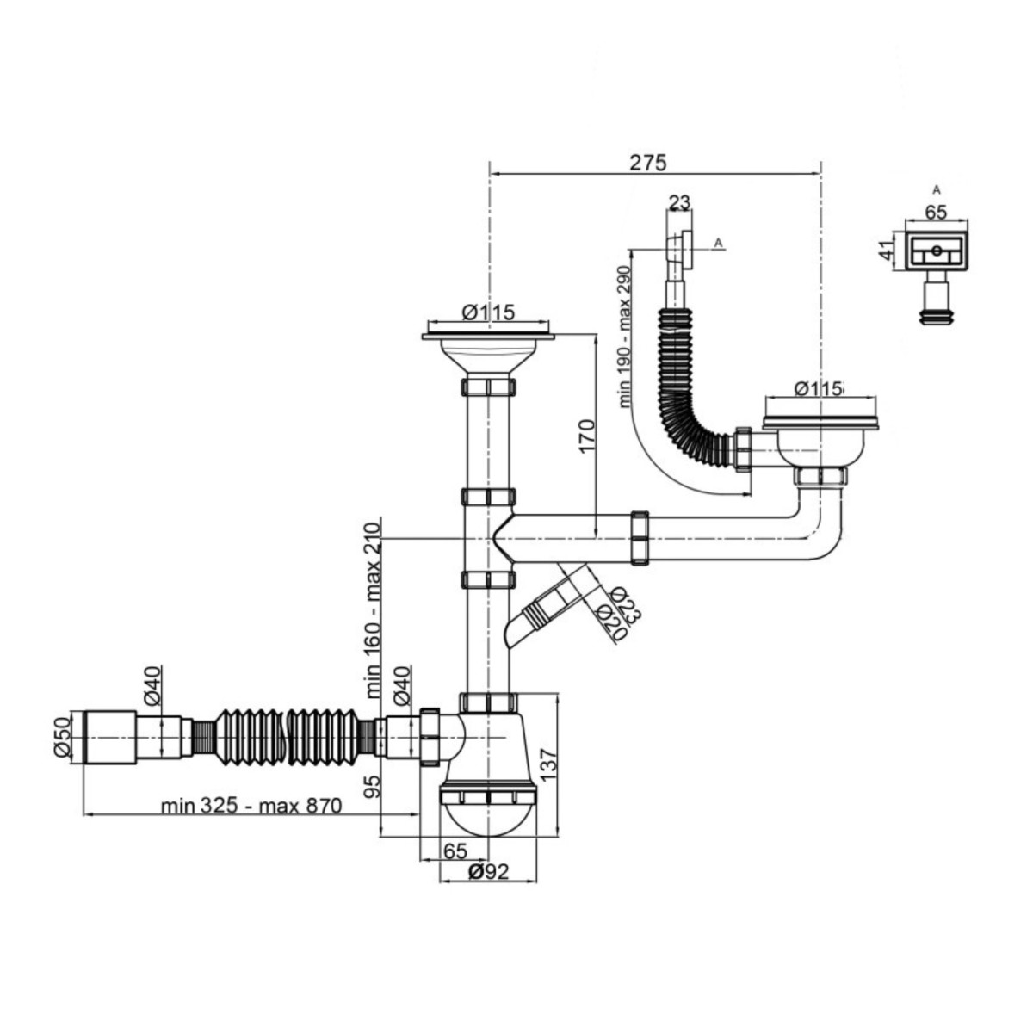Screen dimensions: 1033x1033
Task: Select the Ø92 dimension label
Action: click(x=488, y=888)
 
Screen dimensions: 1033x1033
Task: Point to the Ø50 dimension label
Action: click(x=63, y=737)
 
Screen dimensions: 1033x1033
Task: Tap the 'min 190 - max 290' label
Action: click(x=625, y=337)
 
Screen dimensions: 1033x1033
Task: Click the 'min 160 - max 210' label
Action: click(x=373, y=610)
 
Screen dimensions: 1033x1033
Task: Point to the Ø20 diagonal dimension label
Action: click(x=612, y=622)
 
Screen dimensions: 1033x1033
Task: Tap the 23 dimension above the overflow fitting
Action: click(x=679, y=202)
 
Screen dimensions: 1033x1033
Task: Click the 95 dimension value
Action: click(x=373, y=786)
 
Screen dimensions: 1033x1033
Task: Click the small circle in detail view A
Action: click(x=937, y=250)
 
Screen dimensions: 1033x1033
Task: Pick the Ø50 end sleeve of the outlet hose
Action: click(x=110, y=737)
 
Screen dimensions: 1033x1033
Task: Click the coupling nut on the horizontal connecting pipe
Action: click(x=640, y=538)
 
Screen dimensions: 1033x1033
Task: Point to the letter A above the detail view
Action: click(x=937, y=189)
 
